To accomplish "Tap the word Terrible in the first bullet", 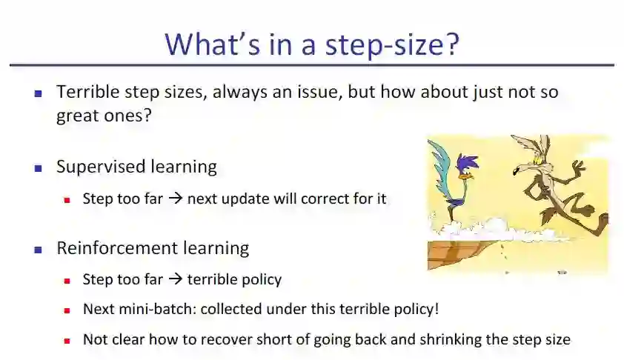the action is click(x=88, y=92).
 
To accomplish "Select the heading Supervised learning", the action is click(x=136, y=167).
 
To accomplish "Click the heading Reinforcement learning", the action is click(x=153, y=248).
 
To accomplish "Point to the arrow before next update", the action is click(x=175, y=198).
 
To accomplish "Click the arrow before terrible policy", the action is click(x=175, y=279).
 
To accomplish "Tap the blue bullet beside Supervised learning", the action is click(x=39, y=169).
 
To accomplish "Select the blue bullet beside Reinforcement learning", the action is click(x=39, y=250).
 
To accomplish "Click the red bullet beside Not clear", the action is click(x=67, y=341).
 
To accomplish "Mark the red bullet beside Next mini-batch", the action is click(x=67, y=310).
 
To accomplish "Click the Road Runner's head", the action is click(x=466, y=164).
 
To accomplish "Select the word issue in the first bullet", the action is click(x=319, y=92).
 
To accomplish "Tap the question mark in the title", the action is click(x=453, y=44).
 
